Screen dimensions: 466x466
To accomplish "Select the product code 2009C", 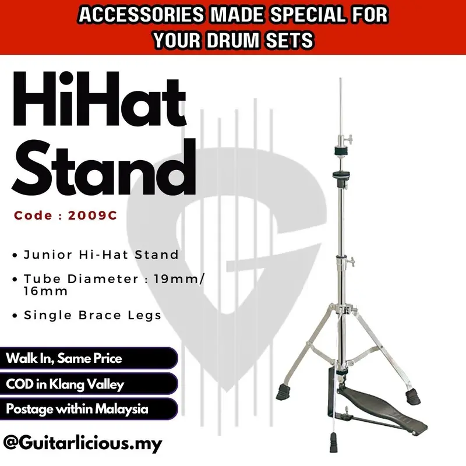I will click(x=93, y=215).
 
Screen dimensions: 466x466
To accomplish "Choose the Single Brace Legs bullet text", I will click(x=93, y=315).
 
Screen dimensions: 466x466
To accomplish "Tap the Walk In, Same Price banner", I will click(x=64, y=358).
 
